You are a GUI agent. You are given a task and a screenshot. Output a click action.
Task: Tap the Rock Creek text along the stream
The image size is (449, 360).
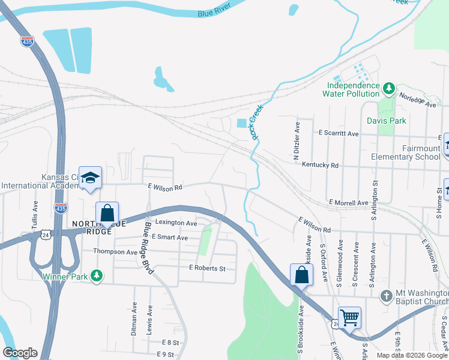[x=258, y=122]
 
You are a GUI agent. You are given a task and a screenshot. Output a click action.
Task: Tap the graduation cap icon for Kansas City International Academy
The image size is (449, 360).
[x=90, y=178]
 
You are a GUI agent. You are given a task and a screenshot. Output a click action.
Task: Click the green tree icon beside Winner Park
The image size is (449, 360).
[x=95, y=276]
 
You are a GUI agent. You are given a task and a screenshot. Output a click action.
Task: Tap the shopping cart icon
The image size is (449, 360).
[x=349, y=317]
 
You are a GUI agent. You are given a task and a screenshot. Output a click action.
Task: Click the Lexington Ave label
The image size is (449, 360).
[x=176, y=223]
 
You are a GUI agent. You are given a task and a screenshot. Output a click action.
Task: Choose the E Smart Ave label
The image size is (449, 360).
[x=170, y=238]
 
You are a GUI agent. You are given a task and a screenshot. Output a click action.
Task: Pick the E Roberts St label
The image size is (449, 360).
[x=206, y=268]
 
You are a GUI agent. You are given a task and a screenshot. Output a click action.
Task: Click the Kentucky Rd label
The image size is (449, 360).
[x=320, y=164]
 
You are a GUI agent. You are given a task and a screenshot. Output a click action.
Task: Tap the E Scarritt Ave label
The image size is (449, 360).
[x=339, y=133]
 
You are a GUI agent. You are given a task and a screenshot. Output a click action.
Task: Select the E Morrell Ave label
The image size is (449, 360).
[x=348, y=203]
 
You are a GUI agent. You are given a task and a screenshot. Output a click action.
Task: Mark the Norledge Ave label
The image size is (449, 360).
[x=418, y=100]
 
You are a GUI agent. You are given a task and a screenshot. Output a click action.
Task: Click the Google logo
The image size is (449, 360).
[x=20, y=353]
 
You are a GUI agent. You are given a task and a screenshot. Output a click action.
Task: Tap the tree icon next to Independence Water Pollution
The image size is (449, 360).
[x=389, y=89]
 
